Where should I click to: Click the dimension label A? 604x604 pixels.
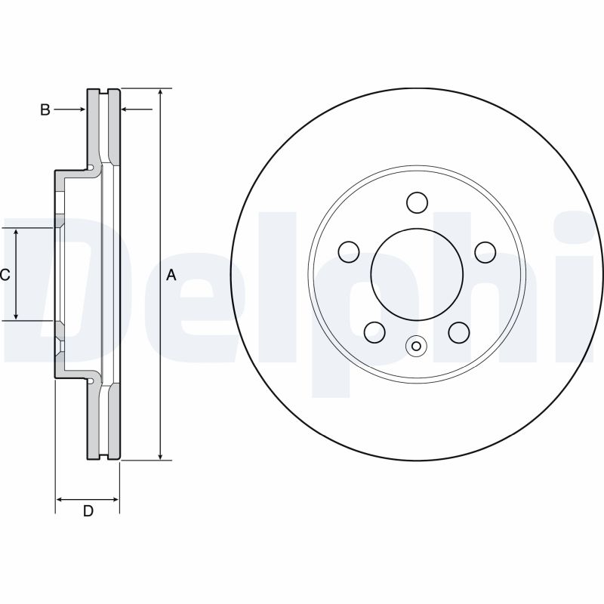[x=171, y=276]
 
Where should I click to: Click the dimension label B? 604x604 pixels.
[x=45, y=110]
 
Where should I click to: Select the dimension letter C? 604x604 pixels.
[x=5, y=276]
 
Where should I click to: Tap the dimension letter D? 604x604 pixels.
[x=88, y=511]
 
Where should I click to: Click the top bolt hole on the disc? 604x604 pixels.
[x=417, y=202]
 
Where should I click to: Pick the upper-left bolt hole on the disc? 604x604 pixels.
[x=349, y=251]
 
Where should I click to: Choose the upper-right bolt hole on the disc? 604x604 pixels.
[x=484, y=251]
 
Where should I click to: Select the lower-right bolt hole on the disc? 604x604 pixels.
[x=458, y=331]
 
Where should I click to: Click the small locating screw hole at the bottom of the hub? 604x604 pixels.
[x=417, y=347]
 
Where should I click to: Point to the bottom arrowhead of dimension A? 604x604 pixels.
[x=160, y=455]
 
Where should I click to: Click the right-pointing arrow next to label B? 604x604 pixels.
[x=81, y=110]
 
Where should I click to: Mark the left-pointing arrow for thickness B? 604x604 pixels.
[x=126, y=110]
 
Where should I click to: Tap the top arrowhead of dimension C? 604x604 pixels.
[x=17, y=233]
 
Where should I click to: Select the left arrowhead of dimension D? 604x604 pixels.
[x=61, y=499]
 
